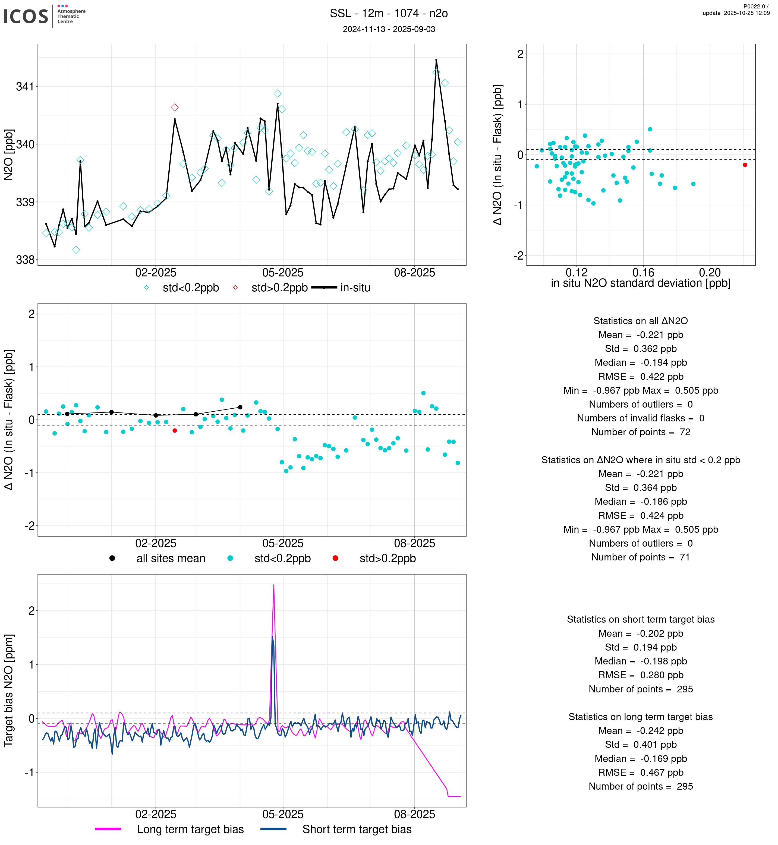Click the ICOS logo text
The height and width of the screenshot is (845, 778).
[26, 16]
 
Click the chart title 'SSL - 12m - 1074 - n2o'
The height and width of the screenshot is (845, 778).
[389, 14]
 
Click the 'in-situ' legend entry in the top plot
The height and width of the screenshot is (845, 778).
[355, 288]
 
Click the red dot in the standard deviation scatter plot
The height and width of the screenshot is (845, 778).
[745, 165]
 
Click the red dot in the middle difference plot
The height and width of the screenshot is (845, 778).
[175, 431]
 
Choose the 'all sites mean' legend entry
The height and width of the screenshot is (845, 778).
[171, 559]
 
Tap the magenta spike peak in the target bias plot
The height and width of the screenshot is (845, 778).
[274, 585]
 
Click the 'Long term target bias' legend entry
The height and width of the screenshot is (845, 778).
[190, 830]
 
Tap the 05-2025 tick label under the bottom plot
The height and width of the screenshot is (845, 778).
[283, 814]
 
